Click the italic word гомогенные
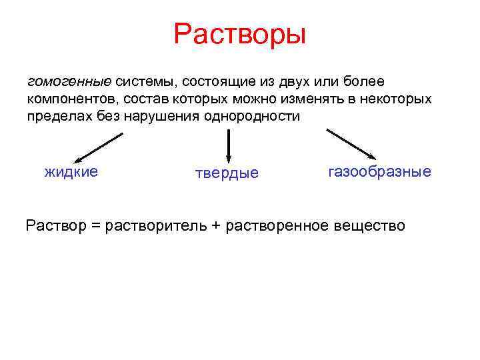tap(69, 82)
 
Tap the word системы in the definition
tap(143, 82)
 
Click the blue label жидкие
tap(71, 172)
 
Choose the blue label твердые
tap(226, 174)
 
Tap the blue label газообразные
tap(379, 172)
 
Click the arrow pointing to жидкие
tap(98, 147)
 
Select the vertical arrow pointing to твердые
tap(229, 145)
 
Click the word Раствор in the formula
tap(56, 226)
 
